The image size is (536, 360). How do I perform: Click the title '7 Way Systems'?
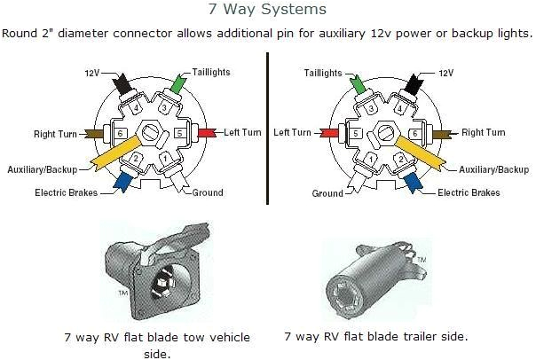pos(267,10)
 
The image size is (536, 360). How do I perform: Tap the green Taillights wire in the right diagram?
pos(359,84)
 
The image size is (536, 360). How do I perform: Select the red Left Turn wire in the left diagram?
pos(206,133)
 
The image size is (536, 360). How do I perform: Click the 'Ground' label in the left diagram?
pos(207,192)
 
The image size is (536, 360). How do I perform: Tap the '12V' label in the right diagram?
pos(445,70)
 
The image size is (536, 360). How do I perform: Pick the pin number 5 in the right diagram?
pos(355,134)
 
